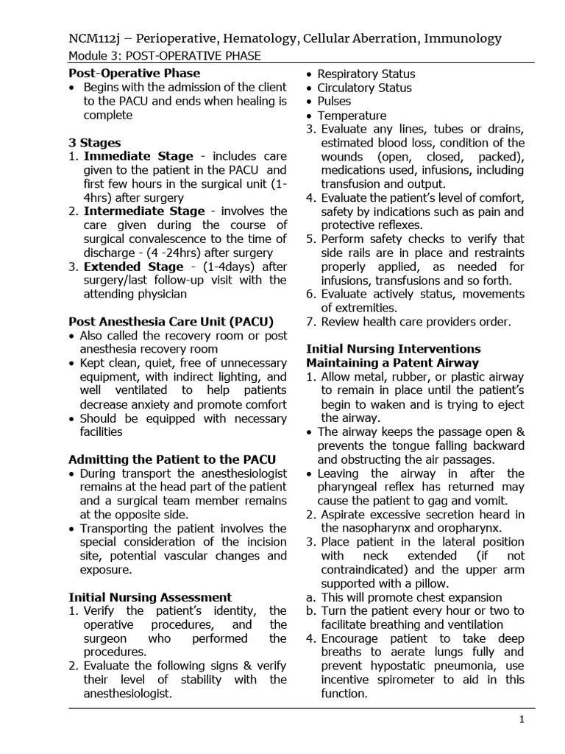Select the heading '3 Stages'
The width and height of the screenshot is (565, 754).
[x=95, y=143]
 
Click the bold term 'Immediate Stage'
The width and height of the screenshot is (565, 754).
[x=138, y=156]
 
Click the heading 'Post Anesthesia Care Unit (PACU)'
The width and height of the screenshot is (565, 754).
[x=171, y=321]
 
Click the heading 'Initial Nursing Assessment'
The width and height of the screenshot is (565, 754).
[x=150, y=597]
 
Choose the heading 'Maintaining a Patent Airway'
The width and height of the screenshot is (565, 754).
[x=392, y=363]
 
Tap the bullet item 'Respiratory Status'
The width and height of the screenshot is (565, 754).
[x=366, y=74]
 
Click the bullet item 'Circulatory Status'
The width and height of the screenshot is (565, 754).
[x=364, y=88]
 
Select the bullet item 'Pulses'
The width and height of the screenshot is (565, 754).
[x=334, y=101]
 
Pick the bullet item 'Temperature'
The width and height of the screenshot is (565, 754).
[x=352, y=116]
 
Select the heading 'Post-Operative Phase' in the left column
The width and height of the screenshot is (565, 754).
[x=134, y=73]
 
